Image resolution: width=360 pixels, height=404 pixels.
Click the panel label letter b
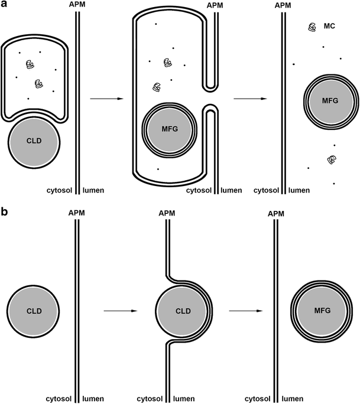tap(5, 211)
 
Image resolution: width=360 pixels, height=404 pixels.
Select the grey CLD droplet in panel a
tap(34, 142)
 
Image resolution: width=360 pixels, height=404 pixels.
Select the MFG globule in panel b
tap(322, 310)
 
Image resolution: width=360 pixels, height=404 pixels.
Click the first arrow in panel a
tap(107, 98)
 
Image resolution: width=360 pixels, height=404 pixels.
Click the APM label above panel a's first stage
tap(77, 5)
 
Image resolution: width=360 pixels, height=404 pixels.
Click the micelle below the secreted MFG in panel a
tap(332, 160)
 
